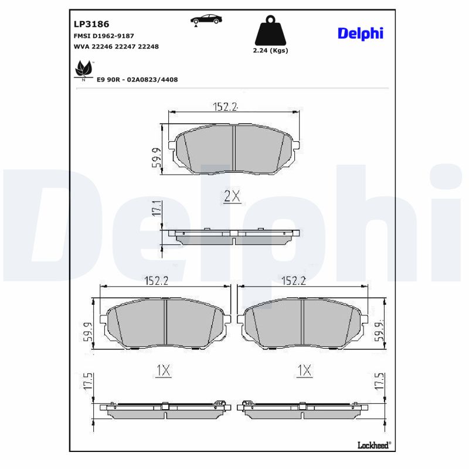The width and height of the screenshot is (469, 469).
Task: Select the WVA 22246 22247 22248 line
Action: click(116, 46)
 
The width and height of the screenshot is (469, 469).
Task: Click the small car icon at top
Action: click(206, 19)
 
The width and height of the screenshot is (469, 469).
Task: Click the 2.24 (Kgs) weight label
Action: click(270, 50)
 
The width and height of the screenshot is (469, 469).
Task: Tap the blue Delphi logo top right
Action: click(360, 33)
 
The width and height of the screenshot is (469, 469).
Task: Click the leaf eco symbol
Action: click(83, 70)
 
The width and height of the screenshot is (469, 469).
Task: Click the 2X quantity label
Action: click(232, 197)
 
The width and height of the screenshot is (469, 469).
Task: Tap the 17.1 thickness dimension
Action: click(156, 210)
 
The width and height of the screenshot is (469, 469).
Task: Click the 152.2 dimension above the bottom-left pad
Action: click(156, 281)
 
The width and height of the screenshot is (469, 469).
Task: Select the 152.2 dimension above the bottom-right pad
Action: click(294, 281)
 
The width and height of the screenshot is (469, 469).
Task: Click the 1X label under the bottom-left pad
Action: click(163, 370)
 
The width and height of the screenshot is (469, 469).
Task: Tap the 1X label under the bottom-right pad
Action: click(304, 370)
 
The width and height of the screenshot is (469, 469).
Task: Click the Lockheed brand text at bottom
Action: click(374, 444)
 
